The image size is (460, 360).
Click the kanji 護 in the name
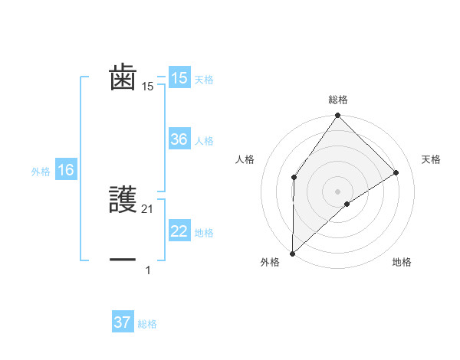click(123, 199)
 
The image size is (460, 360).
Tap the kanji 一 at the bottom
click(123, 260)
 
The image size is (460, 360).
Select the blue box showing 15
click(179, 78)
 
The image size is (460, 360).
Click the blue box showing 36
click(179, 139)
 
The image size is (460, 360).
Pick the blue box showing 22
click(179, 231)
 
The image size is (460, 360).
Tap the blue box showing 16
click(66, 170)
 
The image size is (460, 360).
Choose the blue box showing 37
click(123, 322)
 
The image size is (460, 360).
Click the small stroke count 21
click(149, 208)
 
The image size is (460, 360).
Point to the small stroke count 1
click(148, 270)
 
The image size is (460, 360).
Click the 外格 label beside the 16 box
click(41, 172)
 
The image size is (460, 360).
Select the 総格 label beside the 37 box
click(148, 324)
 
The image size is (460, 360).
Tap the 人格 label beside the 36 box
click(205, 141)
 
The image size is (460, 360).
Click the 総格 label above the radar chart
click(337, 100)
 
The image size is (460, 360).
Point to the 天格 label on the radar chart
click(432, 159)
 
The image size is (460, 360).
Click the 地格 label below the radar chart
click(402, 262)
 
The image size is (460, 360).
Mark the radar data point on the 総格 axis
click(337, 116)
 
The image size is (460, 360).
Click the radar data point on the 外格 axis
click(292, 253)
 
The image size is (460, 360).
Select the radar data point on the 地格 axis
click(347, 204)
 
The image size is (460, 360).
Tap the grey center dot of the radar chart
click(337, 191)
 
